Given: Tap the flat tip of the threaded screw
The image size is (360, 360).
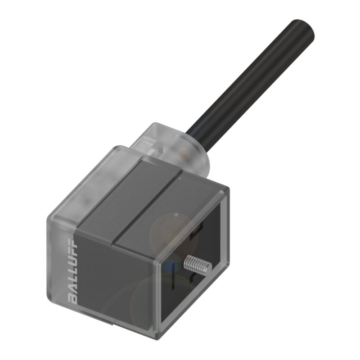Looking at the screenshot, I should click(208, 269).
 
